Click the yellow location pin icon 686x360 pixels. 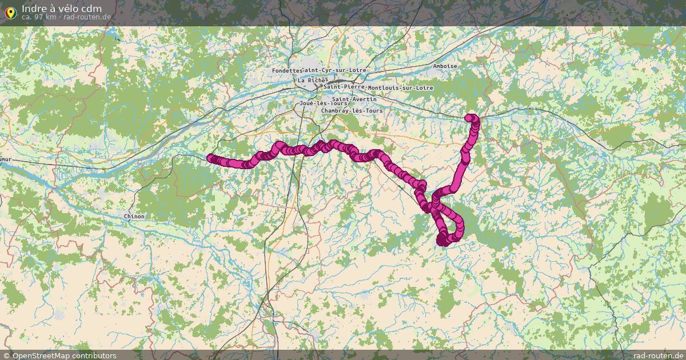click(9, 11)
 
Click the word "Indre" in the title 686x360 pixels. click(35, 9)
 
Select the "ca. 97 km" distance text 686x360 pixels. click(39, 17)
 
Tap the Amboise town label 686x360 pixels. click(445, 66)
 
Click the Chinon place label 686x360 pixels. click(134, 217)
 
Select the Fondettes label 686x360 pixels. click(286, 70)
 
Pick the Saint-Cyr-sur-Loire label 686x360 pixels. click(334, 70)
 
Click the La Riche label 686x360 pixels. click(312, 81)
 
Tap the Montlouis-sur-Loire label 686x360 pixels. click(400, 88)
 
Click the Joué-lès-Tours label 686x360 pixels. click(323, 103)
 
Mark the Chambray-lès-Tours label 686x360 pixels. click(352, 110)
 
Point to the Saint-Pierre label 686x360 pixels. click(344, 86)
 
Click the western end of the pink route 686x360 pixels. click(210, 158)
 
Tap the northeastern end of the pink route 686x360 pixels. click(470, 118)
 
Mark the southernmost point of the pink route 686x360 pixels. click(443, 242)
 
